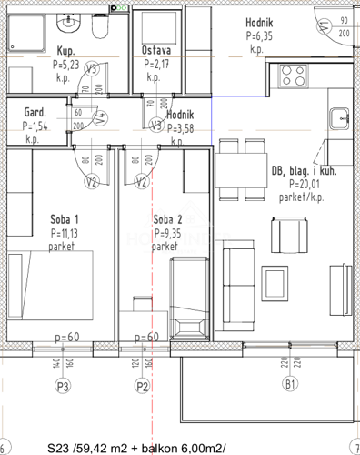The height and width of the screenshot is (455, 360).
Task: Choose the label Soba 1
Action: (x=65, y=220)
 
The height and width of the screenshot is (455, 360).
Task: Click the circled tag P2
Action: (x=142, y=387)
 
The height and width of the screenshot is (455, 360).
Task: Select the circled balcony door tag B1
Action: (x=290, y=387)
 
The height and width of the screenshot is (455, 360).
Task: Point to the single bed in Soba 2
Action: (x=190, y=296)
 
